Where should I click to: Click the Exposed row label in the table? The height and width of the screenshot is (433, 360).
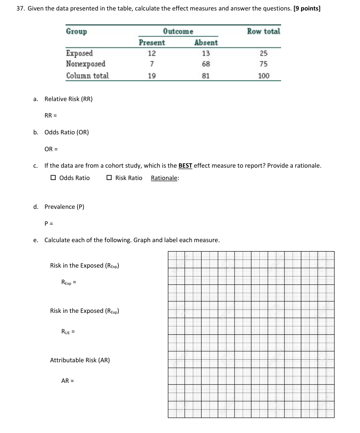(x=79, y=53)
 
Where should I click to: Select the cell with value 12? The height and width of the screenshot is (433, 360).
(x=152, y=53)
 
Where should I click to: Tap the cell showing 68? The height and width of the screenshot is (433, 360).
(x=206, y=64)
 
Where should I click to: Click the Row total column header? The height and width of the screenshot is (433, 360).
(x=264, y=31)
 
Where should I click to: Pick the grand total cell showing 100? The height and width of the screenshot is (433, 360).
(x=264, y=76)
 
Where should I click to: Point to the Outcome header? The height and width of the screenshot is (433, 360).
(x=178, y=31)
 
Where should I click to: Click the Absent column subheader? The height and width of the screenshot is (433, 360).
(x=206, y=43)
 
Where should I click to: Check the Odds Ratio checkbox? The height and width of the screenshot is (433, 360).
(x=53, y=178)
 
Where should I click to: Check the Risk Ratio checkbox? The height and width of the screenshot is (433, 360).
(x=109, y=178)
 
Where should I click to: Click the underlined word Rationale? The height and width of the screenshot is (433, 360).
(x=164, y=178)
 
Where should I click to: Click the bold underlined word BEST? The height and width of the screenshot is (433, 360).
(x=185, y=165)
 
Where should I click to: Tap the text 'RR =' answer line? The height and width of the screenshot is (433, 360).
(x=50, y=115)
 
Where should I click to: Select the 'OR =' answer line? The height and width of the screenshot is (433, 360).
(x=51, y=149)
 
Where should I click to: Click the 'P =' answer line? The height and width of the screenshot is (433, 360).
(x=49, y=223)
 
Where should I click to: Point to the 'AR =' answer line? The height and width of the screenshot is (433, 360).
(x=68, y=381)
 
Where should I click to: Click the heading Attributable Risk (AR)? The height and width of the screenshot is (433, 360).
(x=80, y=360)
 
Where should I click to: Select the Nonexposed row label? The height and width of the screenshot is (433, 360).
(x=86, y=64)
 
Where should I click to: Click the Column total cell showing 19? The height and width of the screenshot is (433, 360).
(x=152, y=76)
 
